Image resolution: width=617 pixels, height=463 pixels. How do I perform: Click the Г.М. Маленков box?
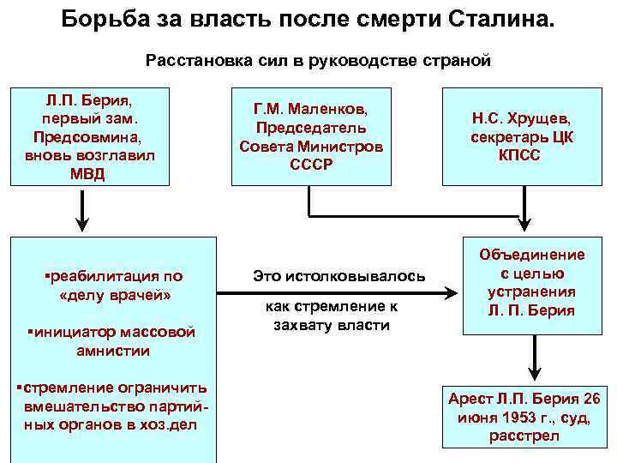310,135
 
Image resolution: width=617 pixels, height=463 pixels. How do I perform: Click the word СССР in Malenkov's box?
310,163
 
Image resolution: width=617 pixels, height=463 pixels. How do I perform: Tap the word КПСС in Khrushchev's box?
520,155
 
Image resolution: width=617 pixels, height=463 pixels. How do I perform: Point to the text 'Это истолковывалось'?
338,275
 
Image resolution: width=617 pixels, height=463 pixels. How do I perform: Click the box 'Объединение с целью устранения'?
533,283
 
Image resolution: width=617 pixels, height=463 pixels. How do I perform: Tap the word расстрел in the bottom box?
524,436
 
